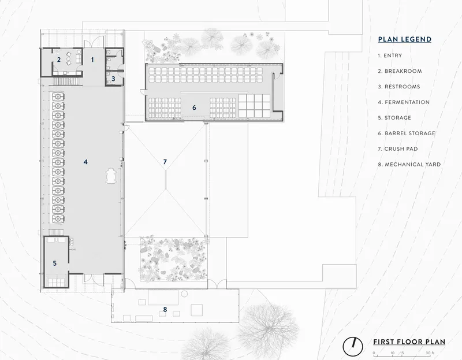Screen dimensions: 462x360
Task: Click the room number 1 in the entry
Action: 92,60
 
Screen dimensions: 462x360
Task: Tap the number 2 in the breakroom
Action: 59,60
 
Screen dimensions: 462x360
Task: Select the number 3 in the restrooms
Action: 113,79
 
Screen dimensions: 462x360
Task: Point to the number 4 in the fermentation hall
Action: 85,162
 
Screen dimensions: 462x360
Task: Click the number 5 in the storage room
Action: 55,263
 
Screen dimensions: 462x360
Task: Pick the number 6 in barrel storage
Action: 194,107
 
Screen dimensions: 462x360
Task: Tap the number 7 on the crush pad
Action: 165,162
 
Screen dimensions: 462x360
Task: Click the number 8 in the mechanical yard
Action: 165,309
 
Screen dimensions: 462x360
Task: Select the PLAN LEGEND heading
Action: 405,39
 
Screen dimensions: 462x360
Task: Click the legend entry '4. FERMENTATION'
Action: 404,102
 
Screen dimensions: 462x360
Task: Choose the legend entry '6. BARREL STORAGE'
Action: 407,133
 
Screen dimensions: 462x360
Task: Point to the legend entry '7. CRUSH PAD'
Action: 398,149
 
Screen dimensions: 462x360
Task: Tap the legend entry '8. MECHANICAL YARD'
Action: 409,165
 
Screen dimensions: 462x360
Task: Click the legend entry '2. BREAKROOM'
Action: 400,71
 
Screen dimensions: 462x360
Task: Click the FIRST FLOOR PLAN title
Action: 409,342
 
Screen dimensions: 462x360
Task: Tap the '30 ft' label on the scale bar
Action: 430,353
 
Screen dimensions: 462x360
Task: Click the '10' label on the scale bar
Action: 393,353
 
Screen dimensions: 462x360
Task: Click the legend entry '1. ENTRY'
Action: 390,55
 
